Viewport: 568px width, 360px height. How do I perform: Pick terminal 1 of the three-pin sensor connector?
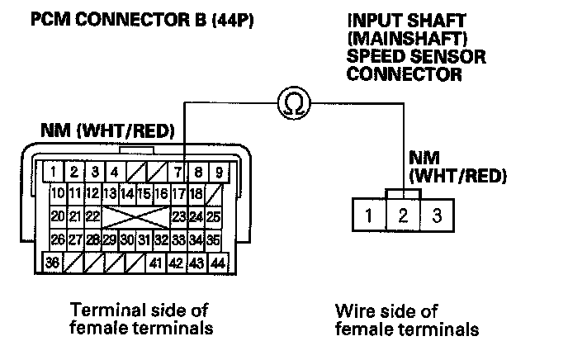point(369,218)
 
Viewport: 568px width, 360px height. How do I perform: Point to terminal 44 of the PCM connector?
point(218,264)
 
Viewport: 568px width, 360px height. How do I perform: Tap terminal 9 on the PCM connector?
point(219,173)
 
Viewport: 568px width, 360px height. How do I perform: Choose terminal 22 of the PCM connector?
point(92,217)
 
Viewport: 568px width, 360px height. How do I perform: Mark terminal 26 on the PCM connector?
point(57,240)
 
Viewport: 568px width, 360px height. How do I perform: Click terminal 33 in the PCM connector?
point(177,240)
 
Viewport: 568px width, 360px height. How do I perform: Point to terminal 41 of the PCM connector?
point(155,264)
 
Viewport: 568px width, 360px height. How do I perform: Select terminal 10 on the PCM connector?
point(57,195)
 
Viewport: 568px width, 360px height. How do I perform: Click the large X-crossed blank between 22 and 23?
point(135,217)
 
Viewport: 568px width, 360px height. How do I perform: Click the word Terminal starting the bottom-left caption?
point(104,310)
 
